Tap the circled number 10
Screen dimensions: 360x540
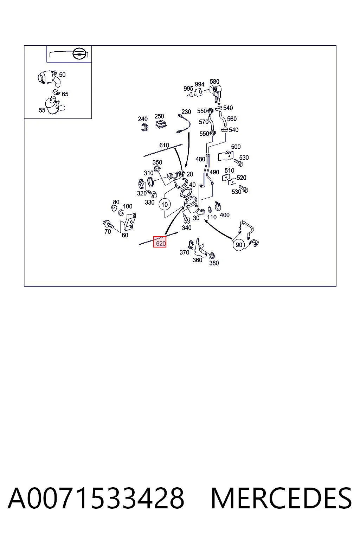coord(165,205)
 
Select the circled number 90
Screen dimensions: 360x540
coord(239,245)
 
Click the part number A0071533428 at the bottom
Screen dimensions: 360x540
coord(96,498)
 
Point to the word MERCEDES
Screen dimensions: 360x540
coord(281,498)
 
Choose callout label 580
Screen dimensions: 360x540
coord(214,82)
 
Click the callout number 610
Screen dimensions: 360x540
coord(164,145)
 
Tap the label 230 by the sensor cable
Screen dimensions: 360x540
coord(186,112)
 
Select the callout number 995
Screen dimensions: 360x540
coord(188,89)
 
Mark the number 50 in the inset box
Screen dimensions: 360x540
coord(62,75)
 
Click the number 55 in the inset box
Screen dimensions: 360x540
coord(42,110)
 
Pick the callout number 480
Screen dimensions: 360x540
coord(200,159)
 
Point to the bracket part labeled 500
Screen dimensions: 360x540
coord(225,156)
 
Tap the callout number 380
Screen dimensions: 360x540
coord(214,263)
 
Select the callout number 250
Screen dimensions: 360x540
coord(159,116)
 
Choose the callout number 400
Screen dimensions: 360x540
coord(225,215)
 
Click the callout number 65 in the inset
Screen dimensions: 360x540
coord(65,94)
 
